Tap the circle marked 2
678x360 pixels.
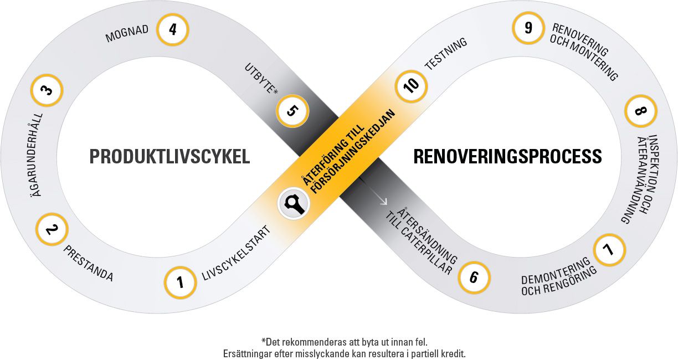point(52,229)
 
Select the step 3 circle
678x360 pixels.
point(47,90)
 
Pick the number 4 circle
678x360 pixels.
point(173,29)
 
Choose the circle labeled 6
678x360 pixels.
point(474,276)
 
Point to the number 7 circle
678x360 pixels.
point(609,250)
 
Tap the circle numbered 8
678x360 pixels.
point(640,112)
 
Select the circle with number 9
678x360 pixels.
point(528,28)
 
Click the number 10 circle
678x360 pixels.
point(411,88)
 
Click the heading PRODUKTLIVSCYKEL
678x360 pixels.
point(169,157)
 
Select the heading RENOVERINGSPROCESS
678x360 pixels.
point(507,157)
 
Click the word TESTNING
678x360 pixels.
point(446,54)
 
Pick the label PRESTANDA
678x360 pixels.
point(89,263)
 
